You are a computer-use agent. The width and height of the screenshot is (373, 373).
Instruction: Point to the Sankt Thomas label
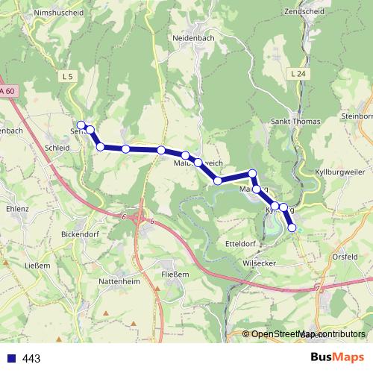pos(295,122)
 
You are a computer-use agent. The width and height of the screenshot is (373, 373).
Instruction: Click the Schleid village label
pos(57,148)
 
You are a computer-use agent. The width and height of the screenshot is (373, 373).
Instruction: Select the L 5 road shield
pos(69,76)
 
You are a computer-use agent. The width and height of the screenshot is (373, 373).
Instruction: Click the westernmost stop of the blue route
pos(81,125)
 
